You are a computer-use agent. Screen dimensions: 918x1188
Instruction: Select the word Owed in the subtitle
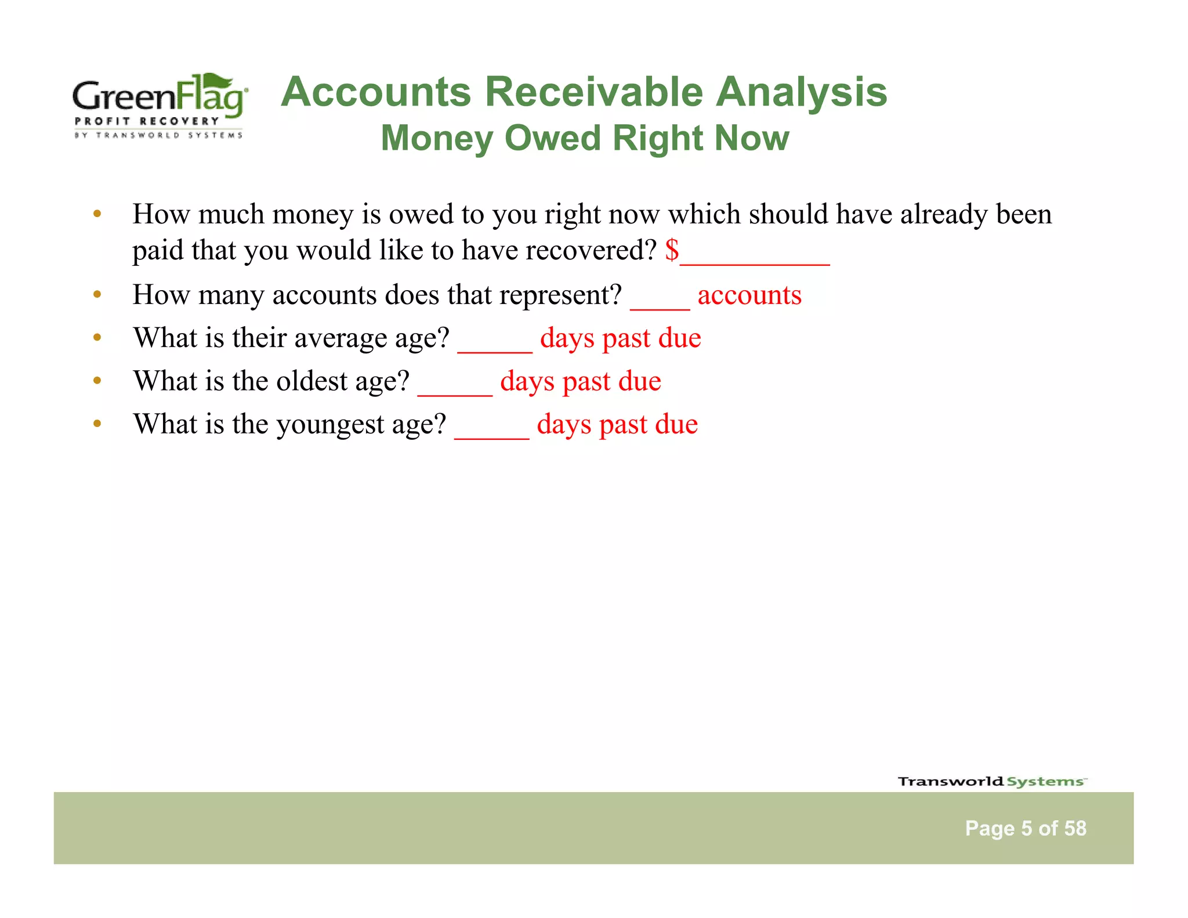(552, 138)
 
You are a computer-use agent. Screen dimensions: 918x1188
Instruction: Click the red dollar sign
(672, 250)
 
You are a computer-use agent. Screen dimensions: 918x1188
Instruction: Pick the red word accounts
(749, 295)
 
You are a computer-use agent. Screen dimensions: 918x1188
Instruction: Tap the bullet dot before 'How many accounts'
(97, 294)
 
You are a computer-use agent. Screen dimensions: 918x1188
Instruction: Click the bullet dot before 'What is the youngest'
(97, 424)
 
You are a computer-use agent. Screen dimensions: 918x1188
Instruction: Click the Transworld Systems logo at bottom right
(991, 781)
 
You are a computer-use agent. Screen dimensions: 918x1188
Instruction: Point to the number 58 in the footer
(1075, 828)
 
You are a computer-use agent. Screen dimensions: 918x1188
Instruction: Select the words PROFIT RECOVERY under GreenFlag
(147, 121)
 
